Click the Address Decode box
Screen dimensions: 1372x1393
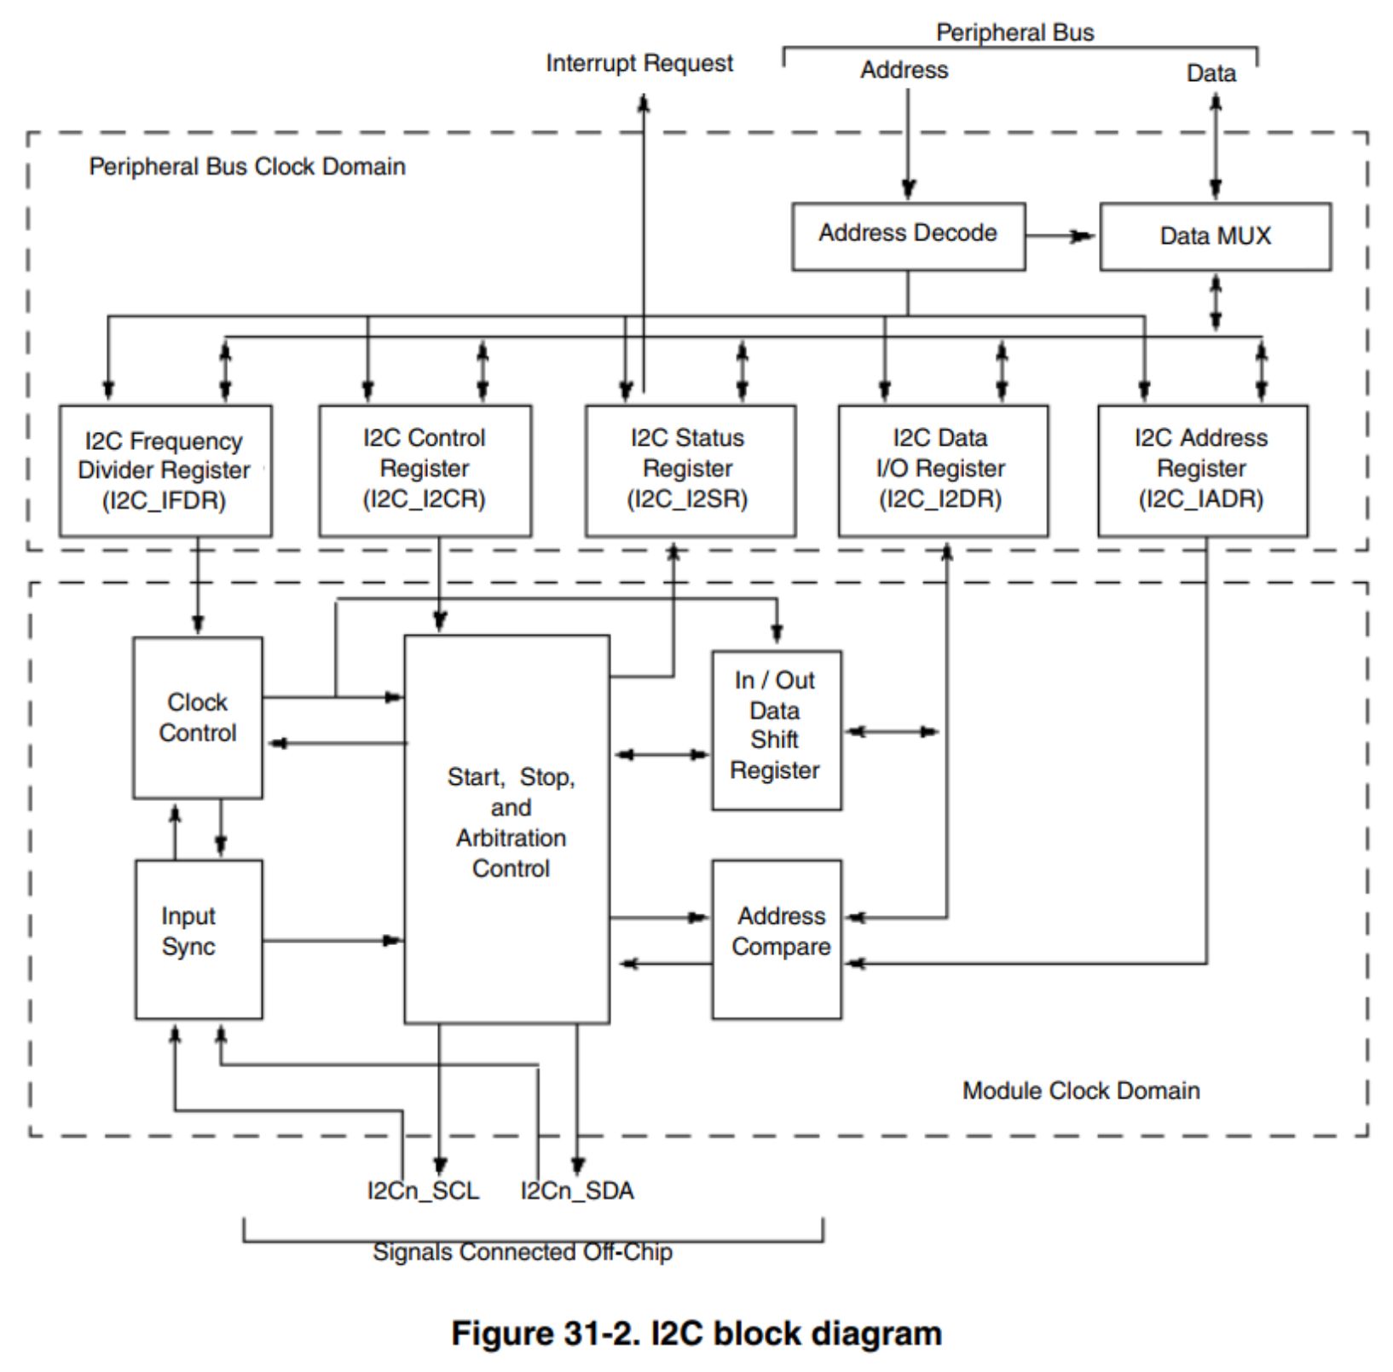point(908,236)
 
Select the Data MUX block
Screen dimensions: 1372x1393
point(1215,236)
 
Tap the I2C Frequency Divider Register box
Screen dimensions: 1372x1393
point(165,470)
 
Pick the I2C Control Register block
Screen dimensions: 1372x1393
point(425,470)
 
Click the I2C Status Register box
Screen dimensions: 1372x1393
point(690,470)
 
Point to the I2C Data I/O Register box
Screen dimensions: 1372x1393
point(943,470)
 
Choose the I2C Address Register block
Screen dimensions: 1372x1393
point(1202,470)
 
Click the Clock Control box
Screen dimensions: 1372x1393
point(197,718)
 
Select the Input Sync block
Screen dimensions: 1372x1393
point(198,938)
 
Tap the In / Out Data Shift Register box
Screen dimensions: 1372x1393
point(776,729)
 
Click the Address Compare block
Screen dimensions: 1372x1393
point(777,938)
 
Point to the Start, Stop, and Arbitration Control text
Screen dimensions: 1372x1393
point(511,822)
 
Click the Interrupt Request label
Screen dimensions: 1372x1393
point(639,63)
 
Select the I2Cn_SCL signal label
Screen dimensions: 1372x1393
point(423,1190)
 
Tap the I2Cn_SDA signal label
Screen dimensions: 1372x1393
point(577,1190)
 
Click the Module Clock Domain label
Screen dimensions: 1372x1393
point(1080,1091)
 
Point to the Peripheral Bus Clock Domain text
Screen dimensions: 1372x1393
point(247,166)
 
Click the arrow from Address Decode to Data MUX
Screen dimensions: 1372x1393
point(1061,236)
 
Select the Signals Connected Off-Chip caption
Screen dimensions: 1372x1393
point(523,1252)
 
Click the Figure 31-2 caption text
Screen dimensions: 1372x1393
point(696,1333)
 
